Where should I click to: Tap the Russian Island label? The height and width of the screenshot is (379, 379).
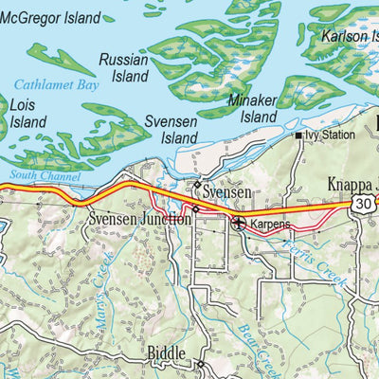[124, 67]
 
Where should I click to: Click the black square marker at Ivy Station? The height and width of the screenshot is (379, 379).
[298, 136]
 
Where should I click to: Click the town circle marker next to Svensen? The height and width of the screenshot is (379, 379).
[197, 185]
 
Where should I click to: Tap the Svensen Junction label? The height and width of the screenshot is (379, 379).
[139, 218]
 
